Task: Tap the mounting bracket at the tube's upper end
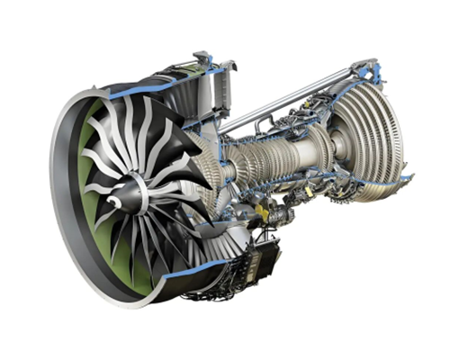[364, 67]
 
